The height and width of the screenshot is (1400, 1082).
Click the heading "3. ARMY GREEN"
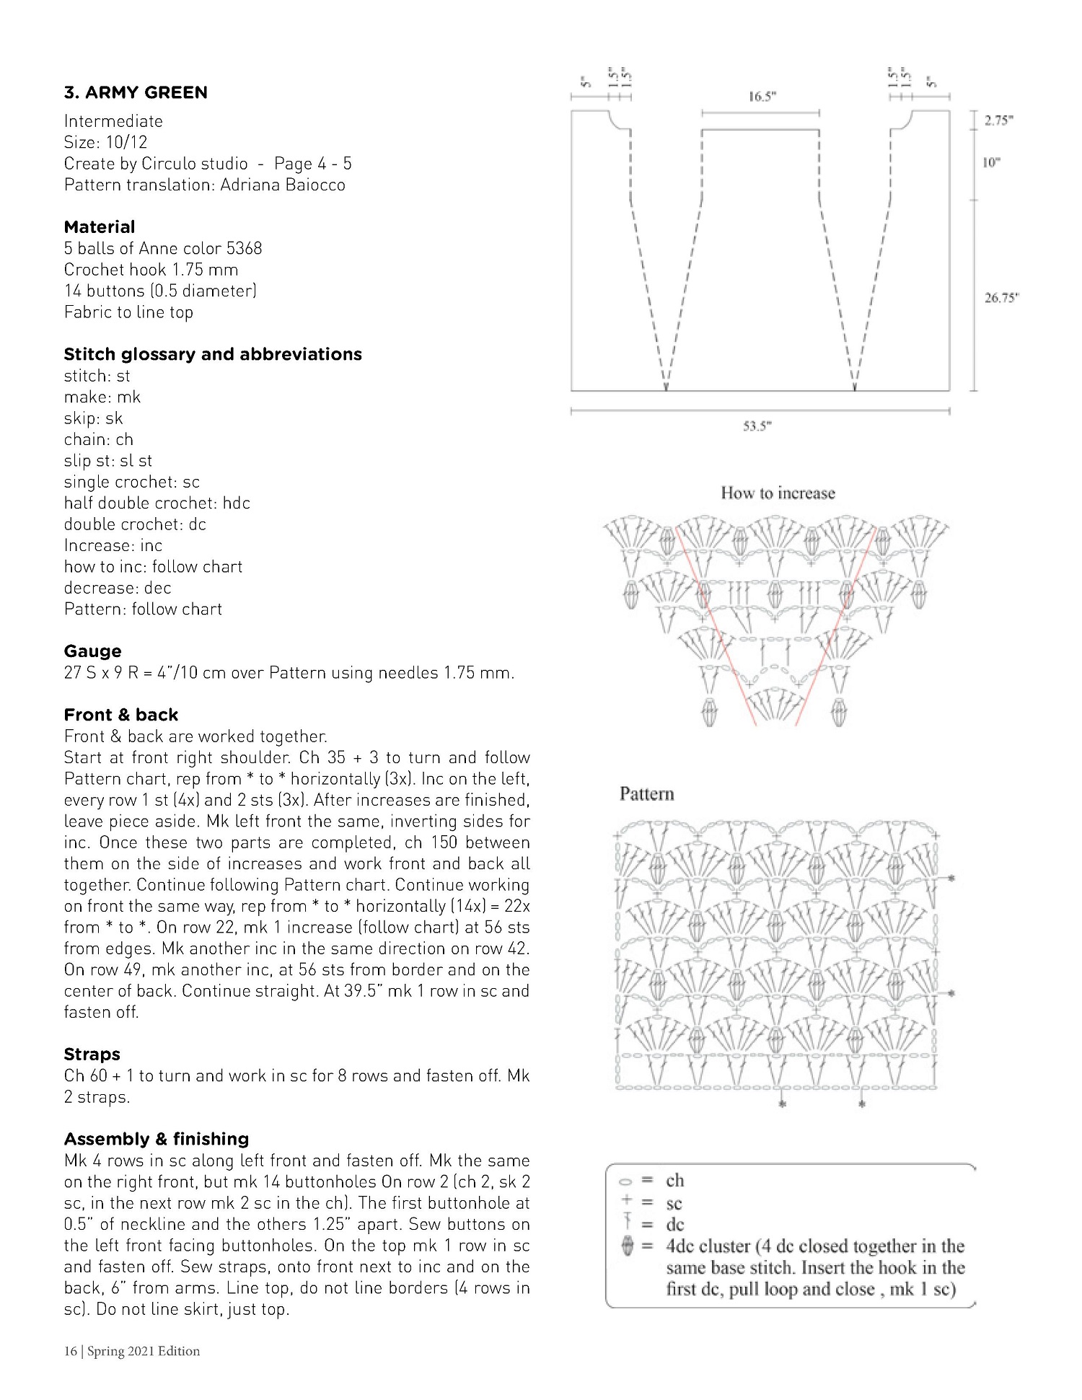click(x=136, y=92)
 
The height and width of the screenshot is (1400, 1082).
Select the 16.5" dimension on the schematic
click(x=762, y=97)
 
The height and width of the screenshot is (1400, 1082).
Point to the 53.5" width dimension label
click(x=757, y=426)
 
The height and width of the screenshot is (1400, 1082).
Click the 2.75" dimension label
click(x=999, y=121)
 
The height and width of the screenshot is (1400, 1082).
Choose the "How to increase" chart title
click(x=778, y=493)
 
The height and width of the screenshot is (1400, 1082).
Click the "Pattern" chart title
click(x=646, y=794)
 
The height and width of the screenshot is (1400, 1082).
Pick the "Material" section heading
click(x=100, y=227)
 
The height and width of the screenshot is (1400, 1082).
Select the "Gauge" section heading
click(x=92, y=651)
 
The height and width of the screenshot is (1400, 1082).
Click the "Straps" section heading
click(x=92, y=1055)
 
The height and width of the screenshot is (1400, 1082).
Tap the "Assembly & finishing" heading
click(x=157, y=1139)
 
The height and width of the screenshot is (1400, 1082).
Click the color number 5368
click(x=244, y=249)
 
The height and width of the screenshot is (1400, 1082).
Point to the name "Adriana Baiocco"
click(x=283, y=185)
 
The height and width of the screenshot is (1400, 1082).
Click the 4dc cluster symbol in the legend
click(x=627, y=1246)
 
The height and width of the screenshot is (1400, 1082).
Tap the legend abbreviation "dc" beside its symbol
click(x=675, y=1225)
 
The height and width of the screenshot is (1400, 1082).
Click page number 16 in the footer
click(x=70, y=1352)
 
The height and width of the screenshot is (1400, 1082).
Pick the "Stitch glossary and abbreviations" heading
click(x=213, y=354)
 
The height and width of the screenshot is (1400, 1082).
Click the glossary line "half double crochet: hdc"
click(x=157, y=503)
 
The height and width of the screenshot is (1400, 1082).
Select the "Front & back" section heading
click(x=121, y=715)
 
